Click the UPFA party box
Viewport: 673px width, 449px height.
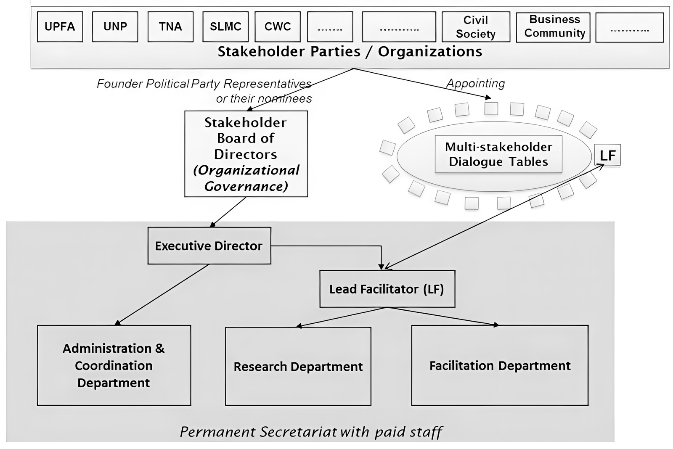click(x=60, y=26)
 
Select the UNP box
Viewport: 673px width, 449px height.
click(x=115, y=26)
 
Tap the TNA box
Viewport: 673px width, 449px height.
click(x=170, y=26)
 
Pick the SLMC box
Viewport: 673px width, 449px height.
click(x=225, y=26)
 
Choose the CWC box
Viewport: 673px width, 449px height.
click(x=278, y=26)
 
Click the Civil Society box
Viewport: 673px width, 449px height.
click(x=476, y=26)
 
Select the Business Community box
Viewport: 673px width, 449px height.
click(x=553, y=26)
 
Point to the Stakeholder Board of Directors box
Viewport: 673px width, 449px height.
click(x=246, y=154)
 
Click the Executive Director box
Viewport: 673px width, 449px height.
click(x=209, y=246)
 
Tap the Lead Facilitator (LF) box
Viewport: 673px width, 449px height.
click(x=387, y=289)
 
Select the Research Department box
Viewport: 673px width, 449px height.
click(x=298, y=366)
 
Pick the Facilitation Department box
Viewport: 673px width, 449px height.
click(x=500, y=365)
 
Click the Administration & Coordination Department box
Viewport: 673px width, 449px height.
click(x=114, y=365)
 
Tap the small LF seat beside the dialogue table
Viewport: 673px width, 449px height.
click(x=607, y=155)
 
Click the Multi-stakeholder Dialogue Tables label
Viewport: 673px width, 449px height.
click(x=498, y=154)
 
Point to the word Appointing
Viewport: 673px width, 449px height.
click(x=475, y=83)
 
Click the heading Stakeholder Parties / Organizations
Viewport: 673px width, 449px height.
click(x=350, y=52)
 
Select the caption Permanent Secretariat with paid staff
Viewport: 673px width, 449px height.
click(x=311, y=432)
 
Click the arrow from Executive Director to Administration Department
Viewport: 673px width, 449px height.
click(x=162, y=294)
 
